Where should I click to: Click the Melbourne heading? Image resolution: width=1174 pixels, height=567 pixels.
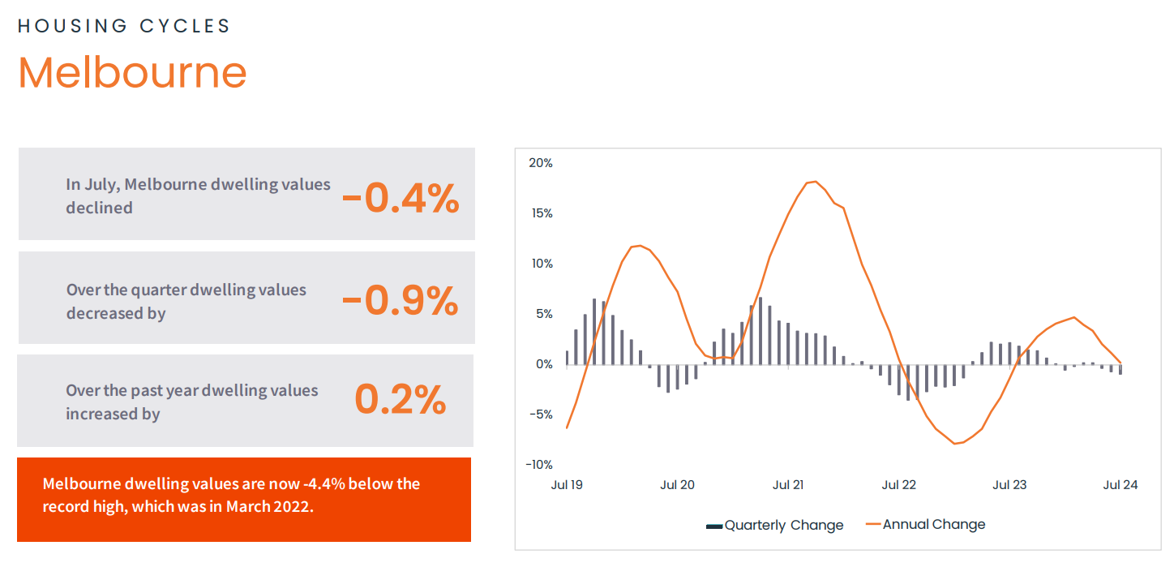(x=132, y=73)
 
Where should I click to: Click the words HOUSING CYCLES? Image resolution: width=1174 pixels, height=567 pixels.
(x=124, y=26)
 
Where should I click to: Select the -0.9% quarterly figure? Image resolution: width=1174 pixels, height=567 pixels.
(x=401, y=301)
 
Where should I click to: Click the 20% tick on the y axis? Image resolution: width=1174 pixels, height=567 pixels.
(x=540, y=163)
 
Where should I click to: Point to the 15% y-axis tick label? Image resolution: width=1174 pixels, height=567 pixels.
(x=540, y=213)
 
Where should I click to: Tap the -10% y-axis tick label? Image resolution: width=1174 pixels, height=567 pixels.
(x=538, y=465)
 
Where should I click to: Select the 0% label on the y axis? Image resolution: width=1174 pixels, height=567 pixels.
(x=544, y=364)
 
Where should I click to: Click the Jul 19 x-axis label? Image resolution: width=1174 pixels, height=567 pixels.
(x=566, y=485)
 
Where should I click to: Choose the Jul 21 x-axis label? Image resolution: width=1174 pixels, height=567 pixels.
(x=787, y=485)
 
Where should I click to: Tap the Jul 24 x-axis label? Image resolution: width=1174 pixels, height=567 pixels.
(x=1120, y=485)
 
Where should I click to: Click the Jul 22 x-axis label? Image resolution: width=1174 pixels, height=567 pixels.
(x=898, y=485)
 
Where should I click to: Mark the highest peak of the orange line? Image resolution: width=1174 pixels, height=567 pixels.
(x=815, y=182)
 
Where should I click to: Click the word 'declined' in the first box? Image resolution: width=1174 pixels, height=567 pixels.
(x=99, y=208)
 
